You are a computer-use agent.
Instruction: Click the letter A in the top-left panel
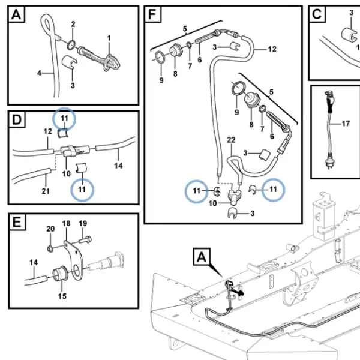[x=16, y=14]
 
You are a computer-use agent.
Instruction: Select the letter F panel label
[x=152, y=14]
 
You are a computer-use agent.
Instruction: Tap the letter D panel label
[x=17, y=119]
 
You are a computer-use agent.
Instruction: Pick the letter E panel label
[x=17, y=222]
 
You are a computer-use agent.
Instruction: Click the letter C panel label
[x=317, y=14]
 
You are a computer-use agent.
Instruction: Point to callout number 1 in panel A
[x=109, y=38]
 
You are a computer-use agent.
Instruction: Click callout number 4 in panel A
[x=39, y=73]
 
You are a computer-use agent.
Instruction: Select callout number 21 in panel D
[x=46, y=191]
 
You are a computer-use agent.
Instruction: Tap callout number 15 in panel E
[x=62, y=296]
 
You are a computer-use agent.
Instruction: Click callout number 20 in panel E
[x=50, y=229]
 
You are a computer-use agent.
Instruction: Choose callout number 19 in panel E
[x=83, y=223]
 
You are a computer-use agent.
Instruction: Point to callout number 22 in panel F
[x=231, y=140]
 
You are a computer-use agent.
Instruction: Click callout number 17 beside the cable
[x=346, y=124]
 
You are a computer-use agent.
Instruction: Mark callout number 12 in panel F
[x=272, y=49]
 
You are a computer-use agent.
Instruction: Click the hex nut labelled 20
[x=50, y=248]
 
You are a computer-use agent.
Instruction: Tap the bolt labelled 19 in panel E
[x=85, y=240]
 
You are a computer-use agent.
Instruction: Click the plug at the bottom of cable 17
[x=329, y=164]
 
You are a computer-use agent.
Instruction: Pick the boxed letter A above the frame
[x=202, y=257]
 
